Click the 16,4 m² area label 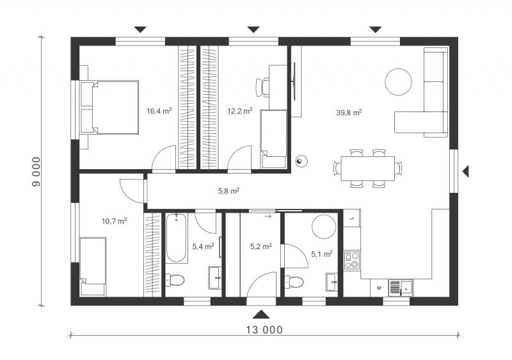click(x=159, y=111)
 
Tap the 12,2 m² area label click(x=240, y=111)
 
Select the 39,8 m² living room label click(x=349, y=112)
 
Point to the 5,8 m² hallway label click(x=228, y=191)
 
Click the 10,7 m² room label click(x=115, y=221)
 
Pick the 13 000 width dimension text click(x=264, y=330)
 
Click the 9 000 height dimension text click(x=36, y=172)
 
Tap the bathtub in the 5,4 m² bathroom click(x=177, y=238)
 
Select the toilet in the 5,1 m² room click(x=294, y=281)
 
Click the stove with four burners click(x=352, y=260)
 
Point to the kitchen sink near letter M click(x=401, y=288)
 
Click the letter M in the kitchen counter click(x=379, y=288)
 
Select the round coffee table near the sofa click(x=398, y=81)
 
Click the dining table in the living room click(x=368, y=168)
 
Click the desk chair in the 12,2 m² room click(x=262, y=88)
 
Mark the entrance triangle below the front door click(x=261, y=315)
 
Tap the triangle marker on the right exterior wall click(x=466, y=171)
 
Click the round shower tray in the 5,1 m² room click(x=324, y=227)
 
